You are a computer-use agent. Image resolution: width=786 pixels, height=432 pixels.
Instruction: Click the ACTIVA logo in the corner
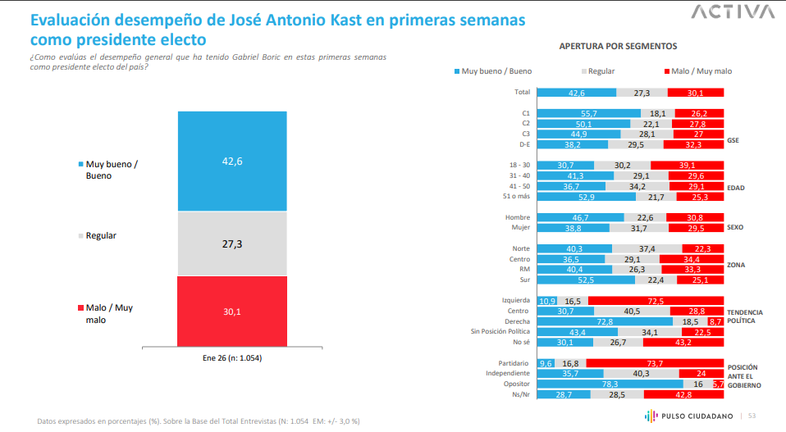coord(732,11)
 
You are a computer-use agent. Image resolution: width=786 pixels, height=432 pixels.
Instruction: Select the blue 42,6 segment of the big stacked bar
coord(232,161)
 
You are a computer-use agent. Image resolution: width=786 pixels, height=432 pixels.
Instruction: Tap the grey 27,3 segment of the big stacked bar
coord(232,243)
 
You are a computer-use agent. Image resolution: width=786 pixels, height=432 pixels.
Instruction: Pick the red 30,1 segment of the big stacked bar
coord(232,311)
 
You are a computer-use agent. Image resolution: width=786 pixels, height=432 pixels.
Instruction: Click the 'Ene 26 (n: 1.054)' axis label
coord(232,358)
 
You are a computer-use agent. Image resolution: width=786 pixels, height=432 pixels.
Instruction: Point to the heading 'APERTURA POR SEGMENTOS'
coord(618,47)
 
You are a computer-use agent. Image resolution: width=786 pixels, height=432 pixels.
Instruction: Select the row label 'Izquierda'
coord(516,301)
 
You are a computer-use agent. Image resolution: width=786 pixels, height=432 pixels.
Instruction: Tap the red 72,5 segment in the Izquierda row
coord(656,301)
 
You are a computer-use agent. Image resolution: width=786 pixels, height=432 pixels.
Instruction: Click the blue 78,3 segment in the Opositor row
coord(610,384)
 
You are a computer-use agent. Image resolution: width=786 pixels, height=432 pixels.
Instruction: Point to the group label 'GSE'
coord(733,139)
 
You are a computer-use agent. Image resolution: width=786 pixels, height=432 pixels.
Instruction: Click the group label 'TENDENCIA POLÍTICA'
coord(745,316)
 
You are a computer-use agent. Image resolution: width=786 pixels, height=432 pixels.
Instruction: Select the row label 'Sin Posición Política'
coord(500,332)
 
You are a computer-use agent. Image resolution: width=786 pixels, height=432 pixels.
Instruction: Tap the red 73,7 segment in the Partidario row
coord(655,363)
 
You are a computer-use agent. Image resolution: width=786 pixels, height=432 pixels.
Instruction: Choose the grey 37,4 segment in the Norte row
coord(647,248)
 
